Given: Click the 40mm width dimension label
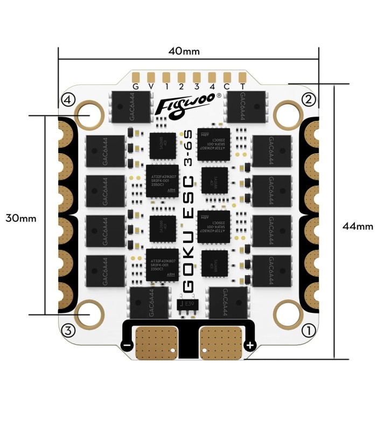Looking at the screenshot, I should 184,52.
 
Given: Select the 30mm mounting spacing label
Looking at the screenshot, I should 20,218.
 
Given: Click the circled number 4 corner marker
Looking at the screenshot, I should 68,99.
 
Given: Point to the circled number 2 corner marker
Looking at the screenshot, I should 309,99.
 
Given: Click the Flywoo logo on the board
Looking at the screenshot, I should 186,105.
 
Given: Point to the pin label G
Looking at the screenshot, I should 136,86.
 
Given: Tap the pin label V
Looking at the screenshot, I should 151,86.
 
